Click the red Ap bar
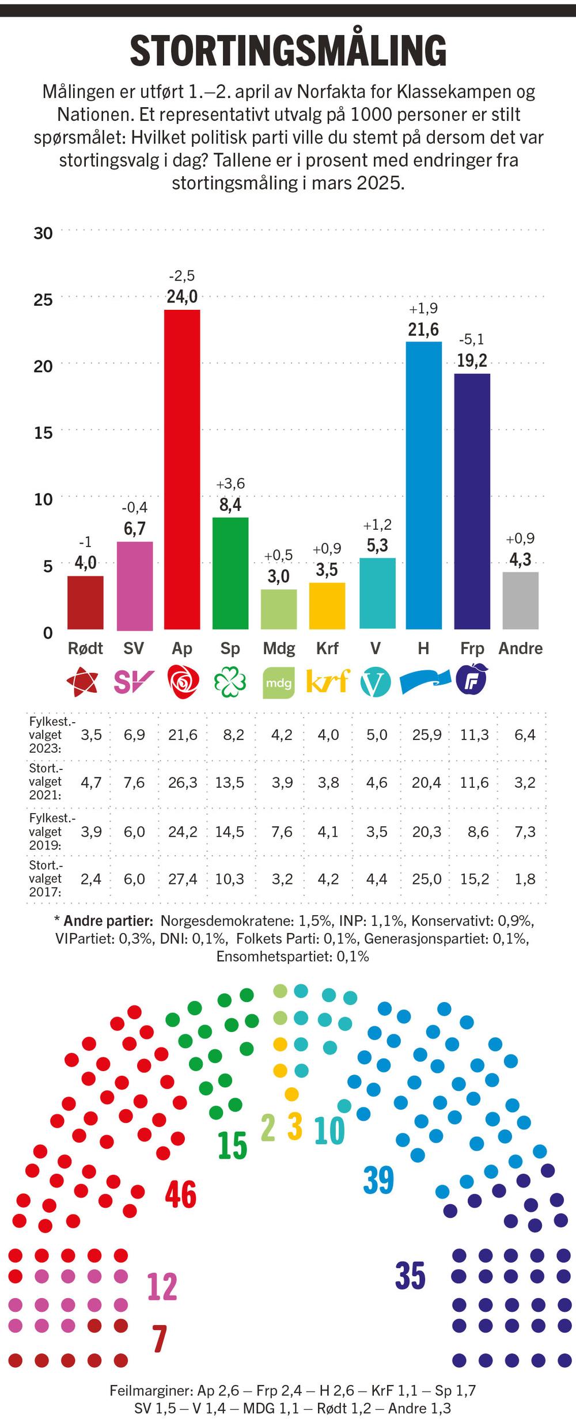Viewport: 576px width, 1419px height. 182,469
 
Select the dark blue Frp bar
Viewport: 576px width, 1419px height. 472,501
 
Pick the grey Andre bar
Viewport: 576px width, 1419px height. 520,600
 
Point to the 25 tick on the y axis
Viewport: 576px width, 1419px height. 43,299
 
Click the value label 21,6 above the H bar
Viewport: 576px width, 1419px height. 423,329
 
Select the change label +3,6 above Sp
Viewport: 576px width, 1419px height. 230,483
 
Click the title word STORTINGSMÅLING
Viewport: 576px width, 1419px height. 288,51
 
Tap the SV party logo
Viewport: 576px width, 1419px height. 134,682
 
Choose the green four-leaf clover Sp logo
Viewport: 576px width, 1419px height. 230,682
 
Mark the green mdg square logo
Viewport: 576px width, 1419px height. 279,682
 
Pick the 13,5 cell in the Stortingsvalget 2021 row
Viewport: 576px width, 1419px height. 230,783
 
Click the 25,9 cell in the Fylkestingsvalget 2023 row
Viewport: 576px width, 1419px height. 427,735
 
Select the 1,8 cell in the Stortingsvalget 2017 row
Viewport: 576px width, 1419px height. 525,879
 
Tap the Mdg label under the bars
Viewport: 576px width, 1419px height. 279,648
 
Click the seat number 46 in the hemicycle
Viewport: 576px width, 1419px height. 181,1194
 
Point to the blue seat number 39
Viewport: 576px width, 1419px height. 378,1180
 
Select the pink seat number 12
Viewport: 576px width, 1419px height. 162,1287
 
